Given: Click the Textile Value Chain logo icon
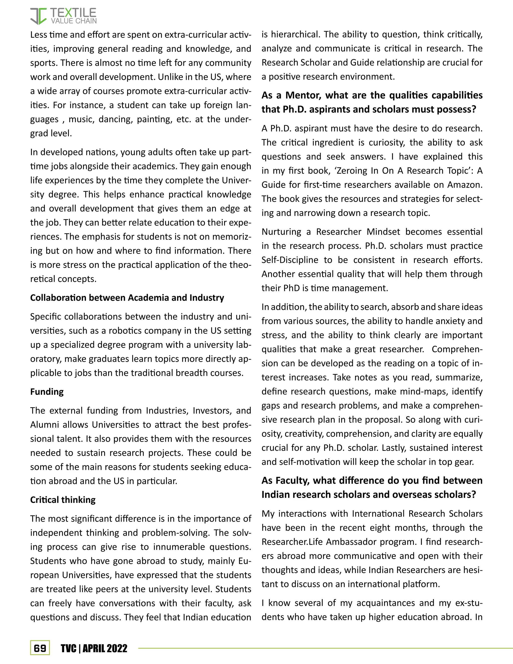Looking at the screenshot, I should click(38, 16).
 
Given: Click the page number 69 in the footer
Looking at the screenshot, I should click(40, 648).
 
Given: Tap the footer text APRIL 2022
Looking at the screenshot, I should click(105, 648).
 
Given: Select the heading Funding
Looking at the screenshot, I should click(47, 392).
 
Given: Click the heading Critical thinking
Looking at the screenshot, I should click(63, 500).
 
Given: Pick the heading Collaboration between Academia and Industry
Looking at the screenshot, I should click(127, 298).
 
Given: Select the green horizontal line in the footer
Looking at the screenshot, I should click(325, 648).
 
